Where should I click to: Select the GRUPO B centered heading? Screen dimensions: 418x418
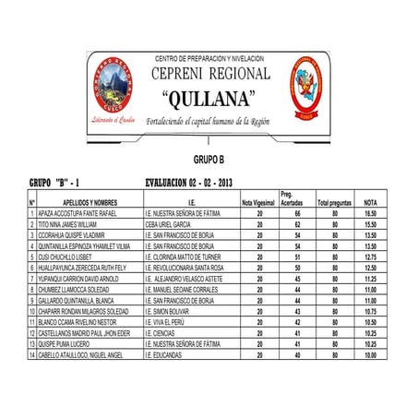209,159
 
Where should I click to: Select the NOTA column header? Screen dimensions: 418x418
370,202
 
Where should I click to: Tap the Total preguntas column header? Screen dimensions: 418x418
334,202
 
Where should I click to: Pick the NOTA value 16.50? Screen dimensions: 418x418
370,214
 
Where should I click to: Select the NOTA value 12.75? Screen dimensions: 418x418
370,257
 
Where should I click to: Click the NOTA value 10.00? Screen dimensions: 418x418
370,354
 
